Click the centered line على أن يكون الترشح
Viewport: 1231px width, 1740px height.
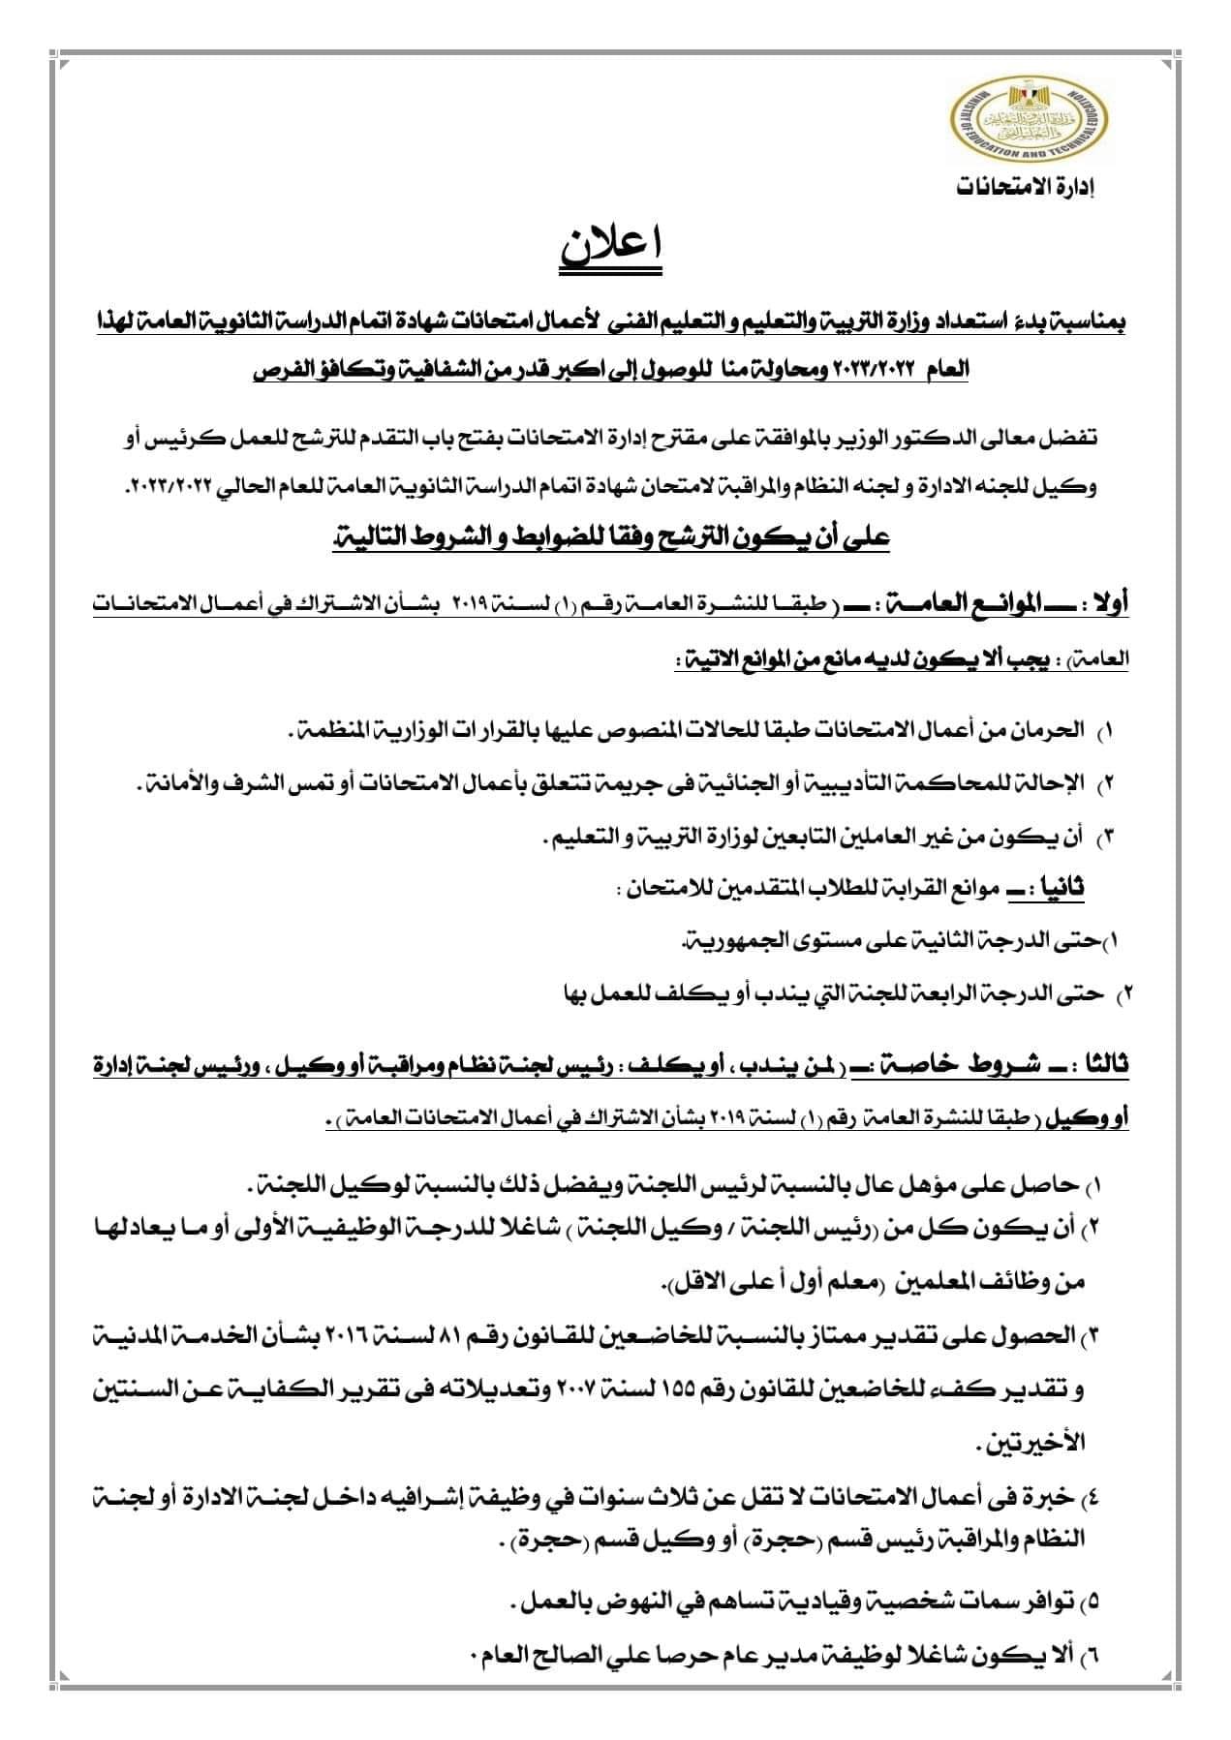coord(611,539)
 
